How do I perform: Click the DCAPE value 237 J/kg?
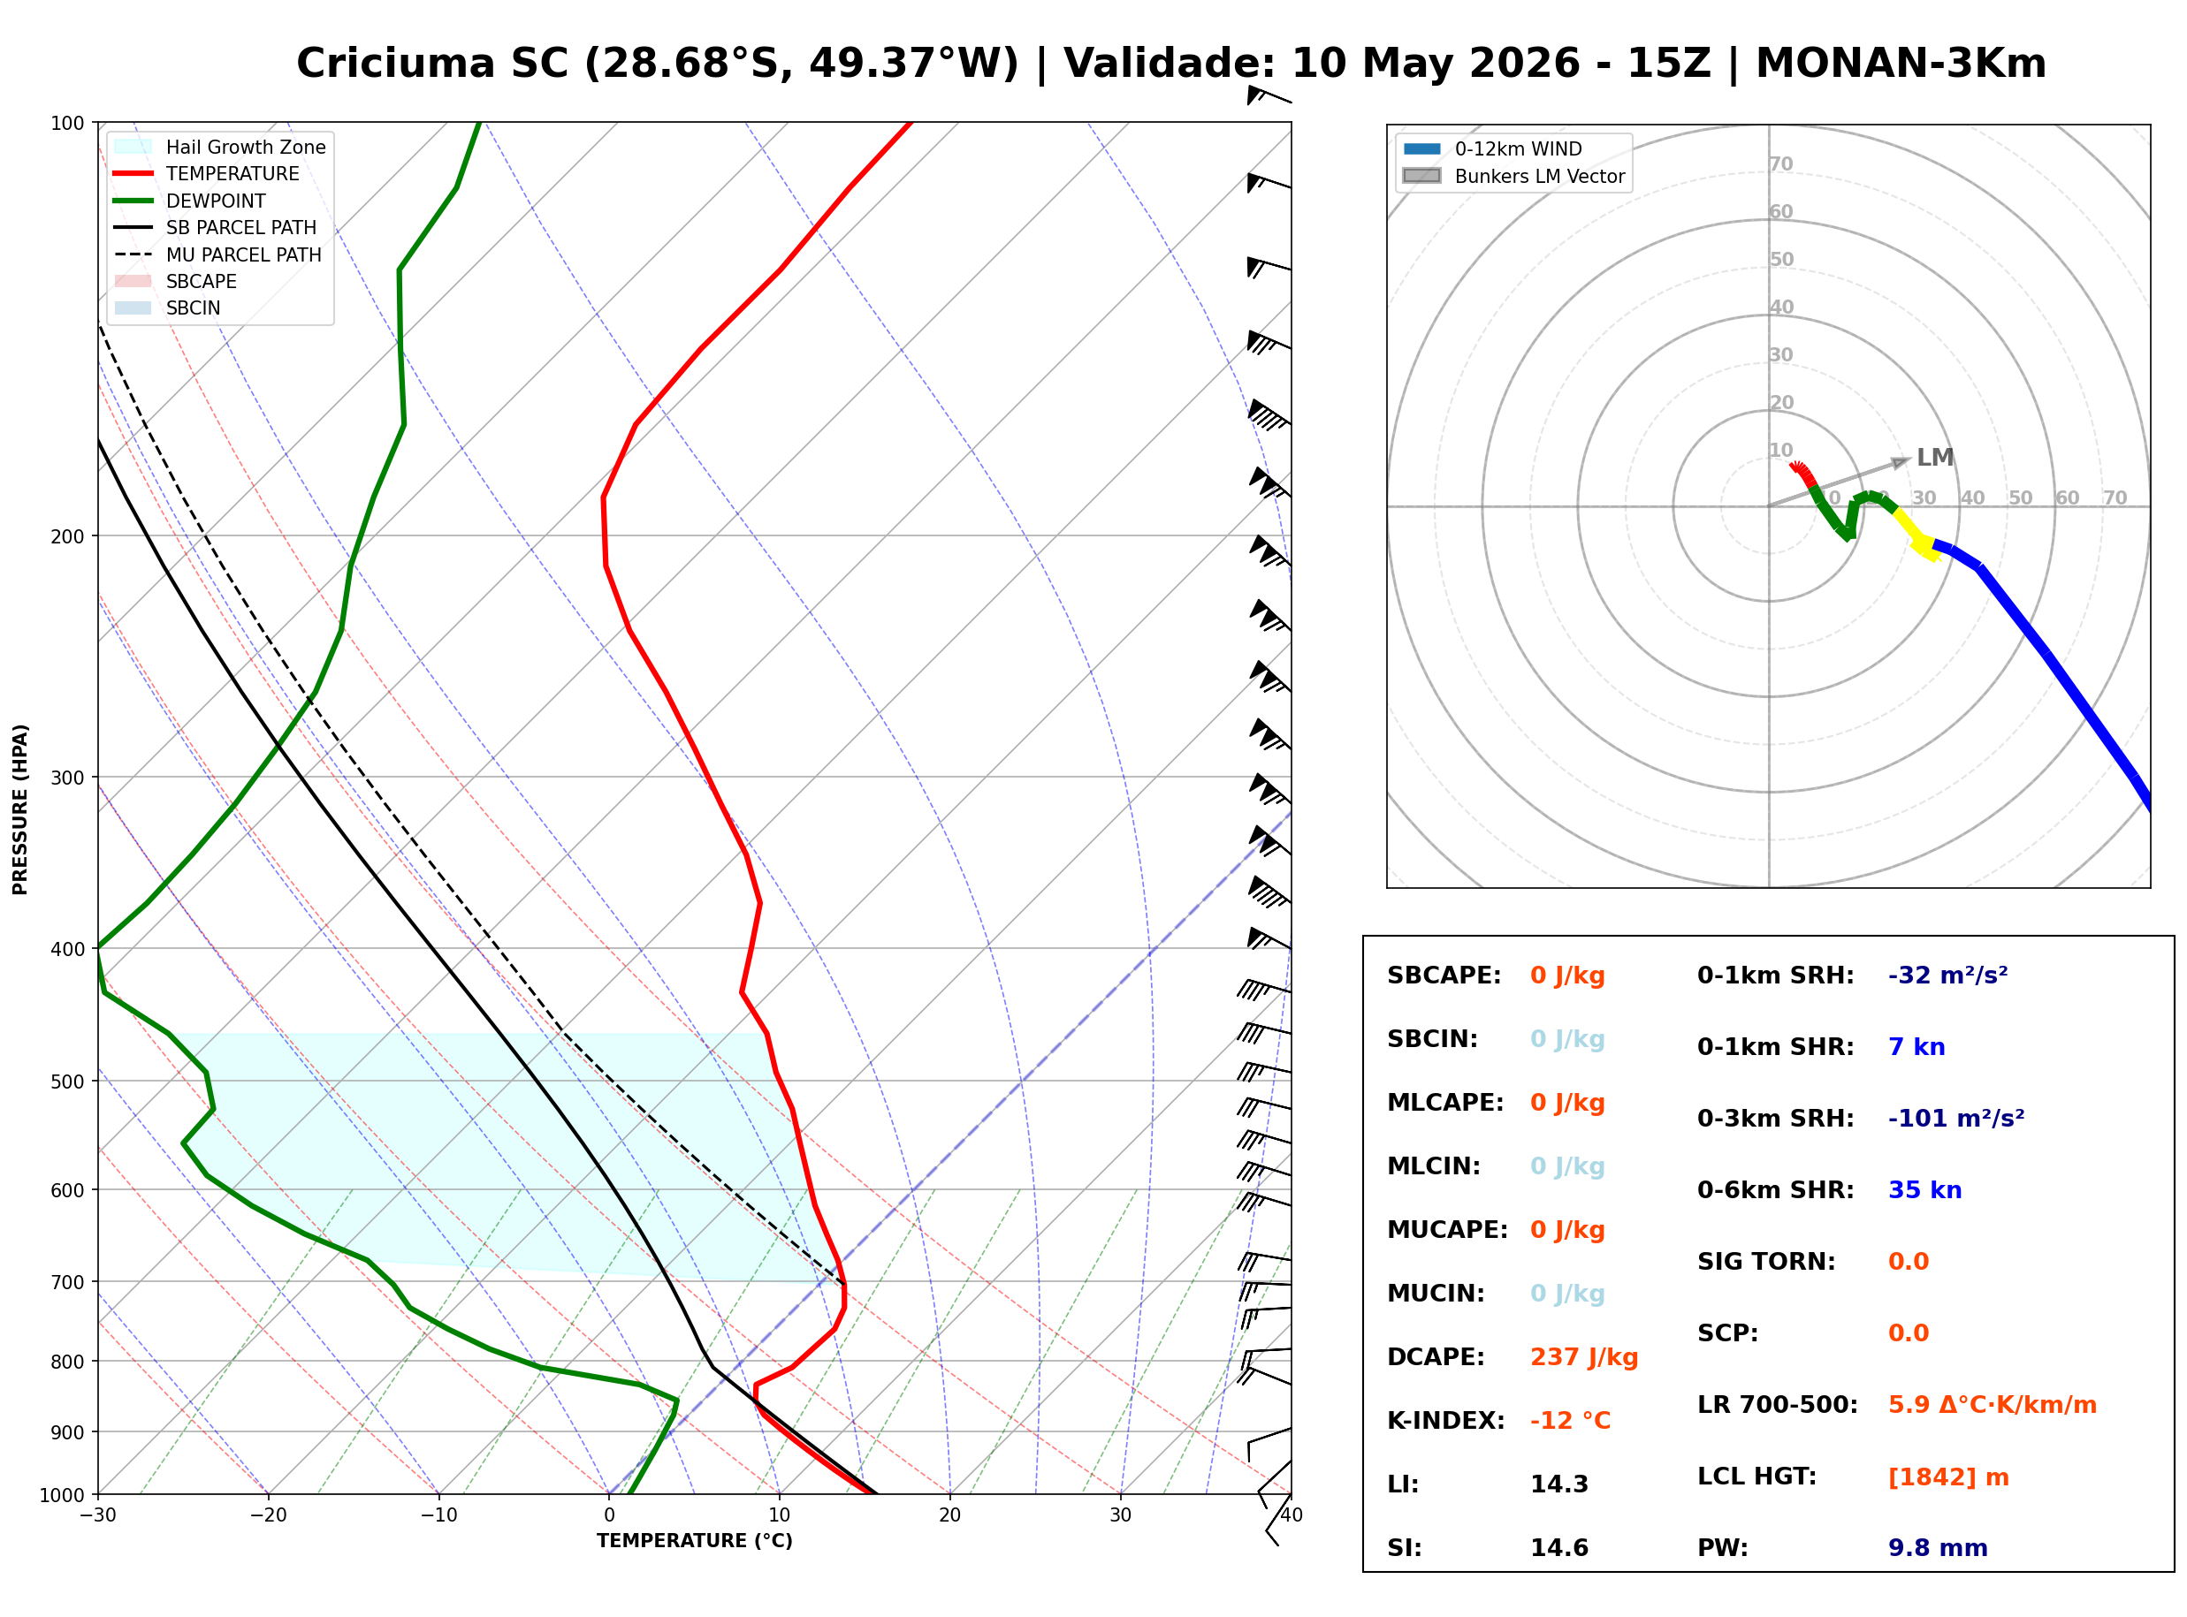point(1583,1356)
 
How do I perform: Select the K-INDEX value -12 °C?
point(1569,1420)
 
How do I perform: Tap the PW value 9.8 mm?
point(1938,1547)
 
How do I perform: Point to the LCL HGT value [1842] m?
point(1948,1477)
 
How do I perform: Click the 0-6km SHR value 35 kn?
point(1924,1190)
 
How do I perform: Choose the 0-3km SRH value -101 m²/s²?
point(1956,1118)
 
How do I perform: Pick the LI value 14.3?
point(1558,1484)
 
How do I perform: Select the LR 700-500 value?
point(1993,1405)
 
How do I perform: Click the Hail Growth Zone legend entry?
point(220,147)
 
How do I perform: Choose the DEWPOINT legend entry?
point(190,201)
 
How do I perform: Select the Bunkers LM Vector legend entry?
point(1513,176)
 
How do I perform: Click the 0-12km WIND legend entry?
point(1493,148)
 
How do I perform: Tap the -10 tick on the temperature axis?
point(438,1515)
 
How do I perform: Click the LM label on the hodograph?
point(1935,457)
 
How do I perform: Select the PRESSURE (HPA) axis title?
point(20,809)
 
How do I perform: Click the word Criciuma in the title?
point(431,64)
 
